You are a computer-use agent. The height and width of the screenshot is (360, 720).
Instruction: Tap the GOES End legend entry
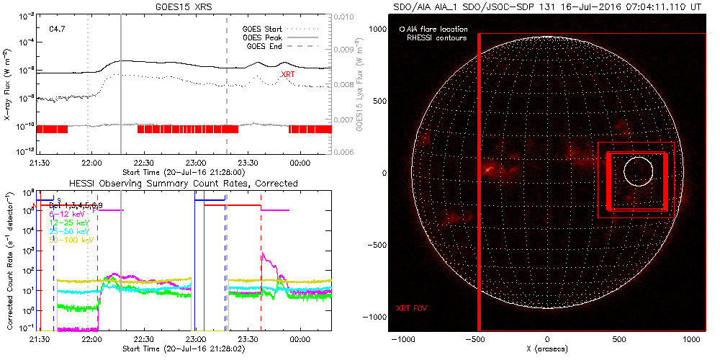[x=264, y=45]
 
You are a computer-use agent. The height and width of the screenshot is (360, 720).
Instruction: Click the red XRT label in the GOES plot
[x=287, y=74]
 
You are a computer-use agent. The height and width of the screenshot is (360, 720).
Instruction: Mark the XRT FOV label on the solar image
[x=412, y=309]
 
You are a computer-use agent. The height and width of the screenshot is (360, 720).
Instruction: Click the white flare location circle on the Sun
[x=638, y=171]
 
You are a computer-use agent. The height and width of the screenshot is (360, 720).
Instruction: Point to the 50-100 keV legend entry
[x=69, y=240]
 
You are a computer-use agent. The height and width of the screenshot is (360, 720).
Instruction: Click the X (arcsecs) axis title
[x=547, y=348]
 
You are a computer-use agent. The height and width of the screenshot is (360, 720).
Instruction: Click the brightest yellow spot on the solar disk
[x=488, y=169]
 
